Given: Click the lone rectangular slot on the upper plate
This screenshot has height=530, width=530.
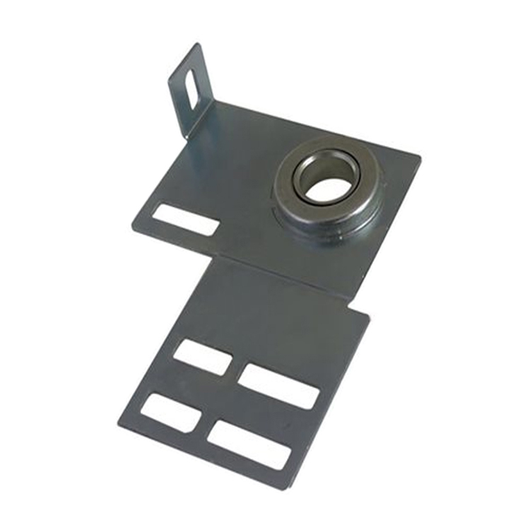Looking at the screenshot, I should pos(185,219).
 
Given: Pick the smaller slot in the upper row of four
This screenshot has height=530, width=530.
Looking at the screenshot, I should pos(202,357).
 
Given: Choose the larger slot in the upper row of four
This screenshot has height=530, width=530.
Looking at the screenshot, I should pos(278,386).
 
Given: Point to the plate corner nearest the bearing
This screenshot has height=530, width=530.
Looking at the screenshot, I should pos(420,157).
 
